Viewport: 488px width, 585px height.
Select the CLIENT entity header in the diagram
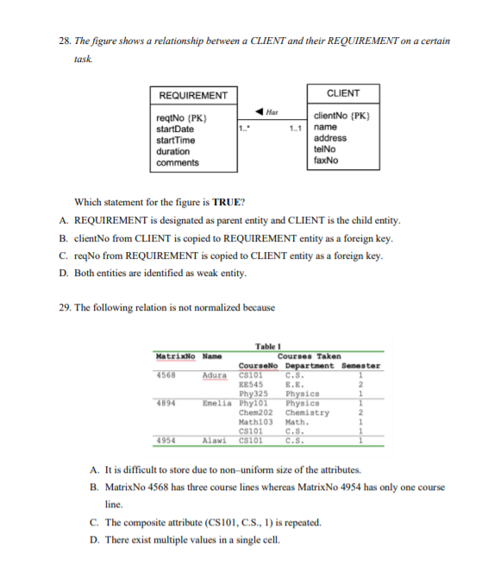tap(343, 93)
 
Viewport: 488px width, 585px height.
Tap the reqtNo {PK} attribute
tap(180, 118)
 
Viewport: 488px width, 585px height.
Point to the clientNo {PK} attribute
tap(342, 116)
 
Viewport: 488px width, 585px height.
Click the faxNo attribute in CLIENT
tap(326, 160)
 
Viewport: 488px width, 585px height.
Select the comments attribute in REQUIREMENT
tap(177, 162)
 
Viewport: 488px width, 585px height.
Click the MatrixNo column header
tap(175, 355)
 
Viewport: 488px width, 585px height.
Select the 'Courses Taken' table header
tap(308, 355)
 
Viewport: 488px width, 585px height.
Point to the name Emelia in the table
tap(216, 402)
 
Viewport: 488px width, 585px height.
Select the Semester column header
tap(361, 365)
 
